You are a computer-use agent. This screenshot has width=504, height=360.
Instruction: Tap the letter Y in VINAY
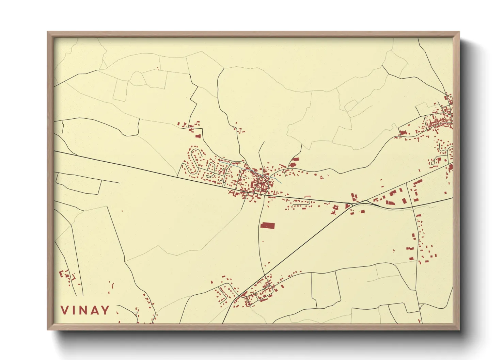106,310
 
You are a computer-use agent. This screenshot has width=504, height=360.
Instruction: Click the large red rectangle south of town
267,225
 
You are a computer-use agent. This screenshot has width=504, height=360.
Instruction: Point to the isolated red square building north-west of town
198,136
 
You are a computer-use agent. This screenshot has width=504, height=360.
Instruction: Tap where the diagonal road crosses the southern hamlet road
265,276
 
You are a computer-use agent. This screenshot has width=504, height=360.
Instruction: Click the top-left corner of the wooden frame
48,32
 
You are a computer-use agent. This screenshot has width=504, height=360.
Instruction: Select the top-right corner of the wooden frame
459,32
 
